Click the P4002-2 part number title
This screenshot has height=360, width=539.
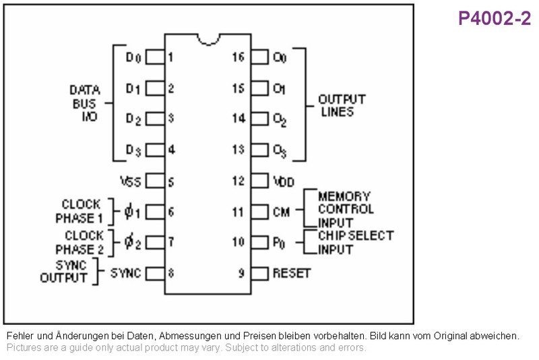[x=495, y=18]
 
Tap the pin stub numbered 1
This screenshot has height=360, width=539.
[x=156, y=57]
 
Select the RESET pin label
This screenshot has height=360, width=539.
[x=292, y=273]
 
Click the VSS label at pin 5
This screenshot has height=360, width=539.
[x=131, y=181]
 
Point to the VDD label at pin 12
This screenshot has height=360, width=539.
[x=284, y=181]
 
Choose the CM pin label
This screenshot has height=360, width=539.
[x=281, y=212]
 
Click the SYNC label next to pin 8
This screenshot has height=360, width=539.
[x=125, y=273]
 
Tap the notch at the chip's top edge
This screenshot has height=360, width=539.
[x=208, y=40]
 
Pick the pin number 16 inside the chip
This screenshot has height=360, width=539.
[x=239, y=57]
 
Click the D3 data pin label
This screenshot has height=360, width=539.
[x=133, y=150]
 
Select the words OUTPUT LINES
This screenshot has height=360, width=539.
[x=342, y=106]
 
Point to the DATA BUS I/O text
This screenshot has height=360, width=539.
[x=85, y=103]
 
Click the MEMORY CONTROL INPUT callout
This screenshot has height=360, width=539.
[x=346, y=210]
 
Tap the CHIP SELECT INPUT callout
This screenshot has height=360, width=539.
[x=356, y=243]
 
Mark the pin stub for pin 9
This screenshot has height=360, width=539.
[x=259, y=274]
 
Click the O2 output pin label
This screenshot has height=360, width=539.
[x=280, y=120]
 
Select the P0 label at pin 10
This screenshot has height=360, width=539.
[x=279, y=243]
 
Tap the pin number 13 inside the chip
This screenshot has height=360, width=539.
[x=239, y=150]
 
